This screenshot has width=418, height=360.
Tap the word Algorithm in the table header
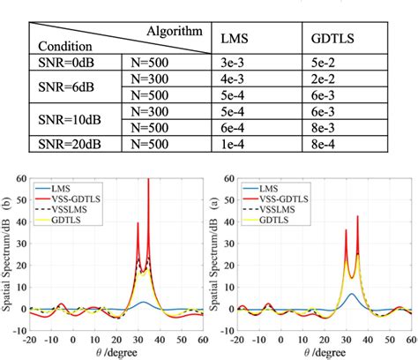click(177, 30)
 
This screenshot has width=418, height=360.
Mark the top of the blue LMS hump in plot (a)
click(351, 294)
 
